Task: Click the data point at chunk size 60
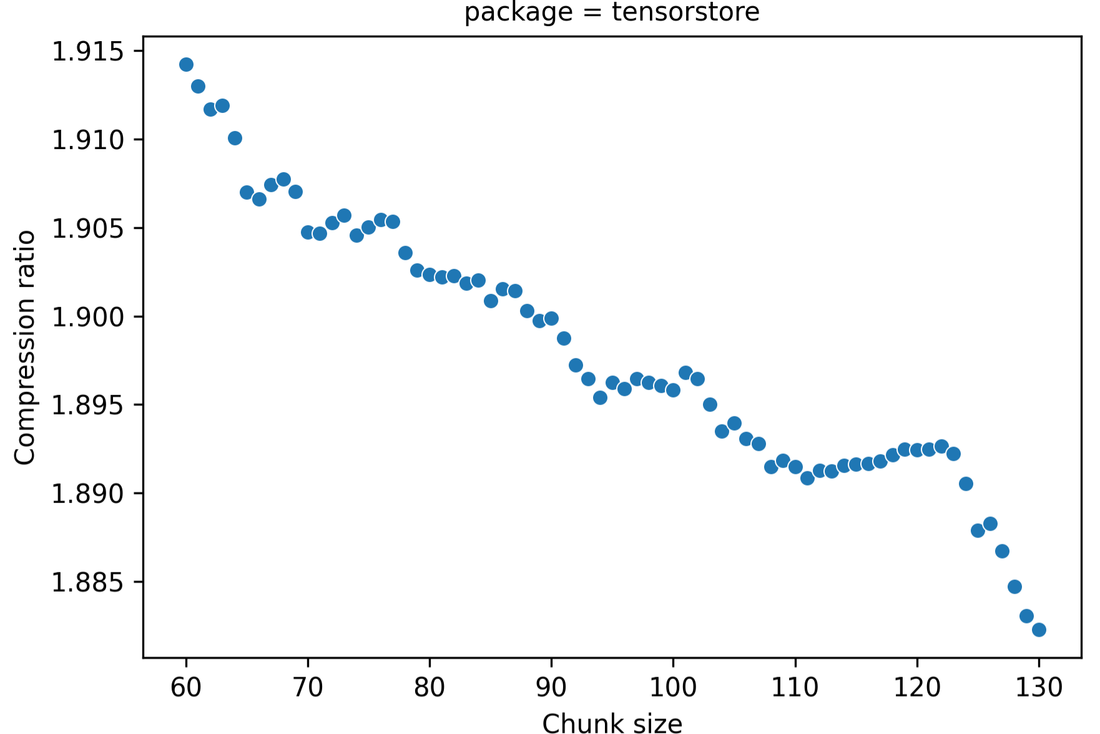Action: tap(186, 65)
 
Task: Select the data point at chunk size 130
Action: tap(1039, 630)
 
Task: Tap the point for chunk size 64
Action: tap(235, 138)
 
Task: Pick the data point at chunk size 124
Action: tap(966, 484)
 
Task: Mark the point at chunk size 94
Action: tap(600, 398)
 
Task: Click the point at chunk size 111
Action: tap(807, 478)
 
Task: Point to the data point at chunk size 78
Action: tap(405, 253)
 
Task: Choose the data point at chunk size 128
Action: tap(1014, 587)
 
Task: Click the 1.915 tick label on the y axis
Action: tap(88, 51)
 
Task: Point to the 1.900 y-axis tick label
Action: tap(88, 317)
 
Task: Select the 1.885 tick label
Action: tap(88, 582)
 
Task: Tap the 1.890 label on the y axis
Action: tap(88, 494)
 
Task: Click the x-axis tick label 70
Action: tap(308, 687)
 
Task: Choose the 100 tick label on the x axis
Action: tap(673, 687)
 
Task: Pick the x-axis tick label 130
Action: tap(1039, 687)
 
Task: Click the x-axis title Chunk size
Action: tap(612, 723)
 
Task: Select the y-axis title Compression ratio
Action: tap(24, 347)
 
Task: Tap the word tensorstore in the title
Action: tap(685, 12)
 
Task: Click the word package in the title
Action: tap(518, 12)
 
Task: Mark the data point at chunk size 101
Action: tap(685, 373)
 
